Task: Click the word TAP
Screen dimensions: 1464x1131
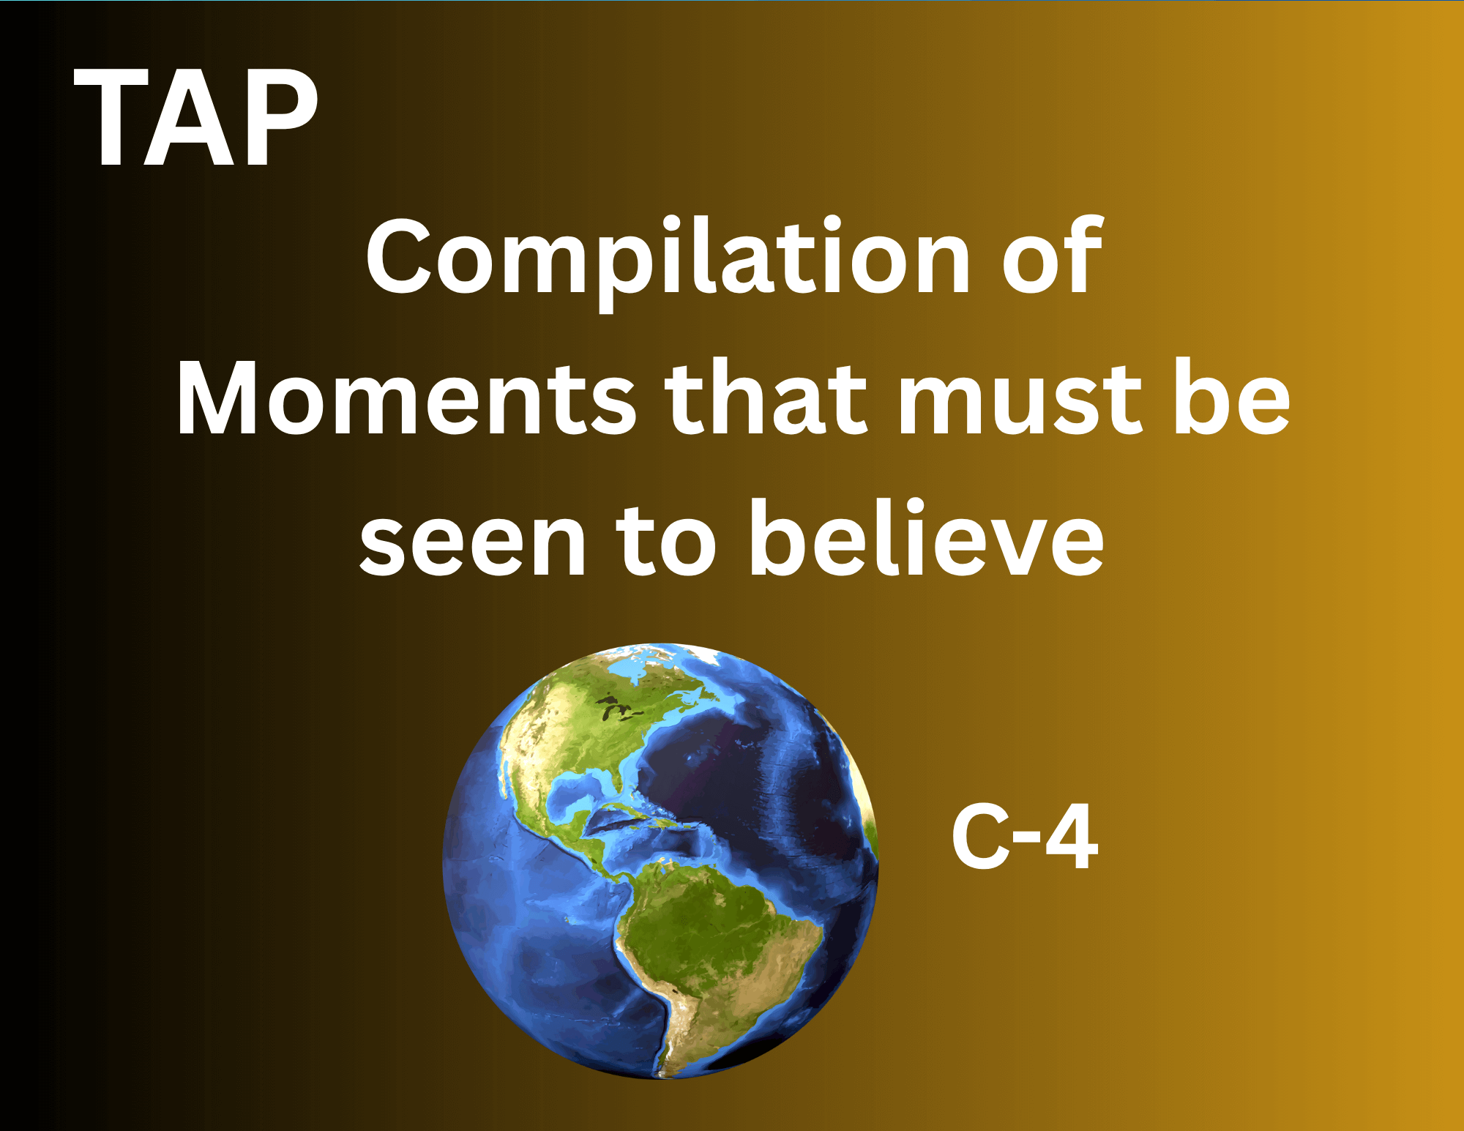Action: coord(196,118)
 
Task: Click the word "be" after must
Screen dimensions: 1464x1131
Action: coord(1232,397)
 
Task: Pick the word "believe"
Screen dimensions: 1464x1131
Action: coord(926,538)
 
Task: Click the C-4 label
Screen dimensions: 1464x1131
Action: coord(1025,837)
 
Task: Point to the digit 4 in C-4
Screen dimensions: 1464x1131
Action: coord(1072,837)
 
